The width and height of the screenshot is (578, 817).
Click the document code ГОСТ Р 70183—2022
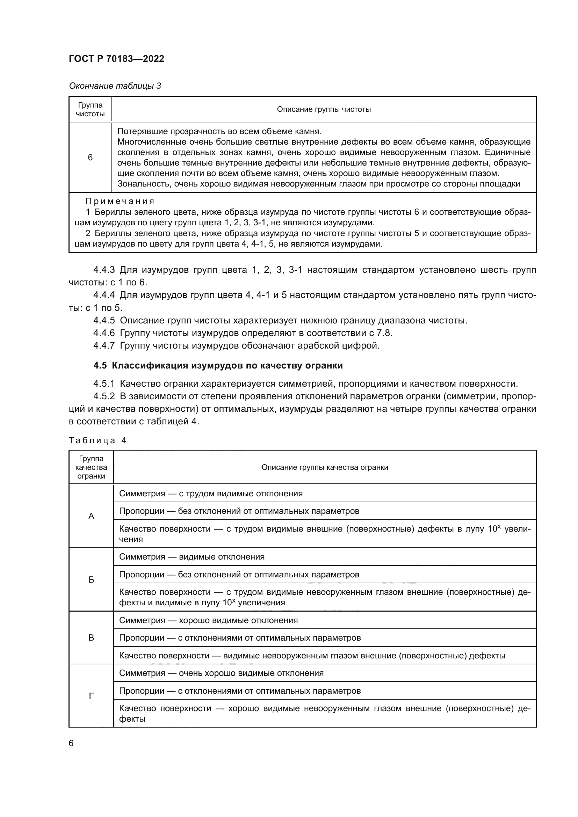[116, 59]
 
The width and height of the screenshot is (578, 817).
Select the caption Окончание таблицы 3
[115, 86]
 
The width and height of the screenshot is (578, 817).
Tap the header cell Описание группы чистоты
[324, 109]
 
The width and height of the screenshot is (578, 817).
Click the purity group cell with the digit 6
[90, 157]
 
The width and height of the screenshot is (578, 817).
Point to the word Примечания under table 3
[120, 202]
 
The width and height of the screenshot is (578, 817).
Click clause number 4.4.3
[104, 270]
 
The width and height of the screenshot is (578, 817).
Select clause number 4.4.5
[104, 320]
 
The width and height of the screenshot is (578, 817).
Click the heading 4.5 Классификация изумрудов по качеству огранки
[218, 365]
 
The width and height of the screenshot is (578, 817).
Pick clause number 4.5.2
[104, 396]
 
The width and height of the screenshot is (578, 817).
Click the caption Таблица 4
[97, 440]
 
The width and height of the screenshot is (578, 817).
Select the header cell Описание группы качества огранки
[325, 467]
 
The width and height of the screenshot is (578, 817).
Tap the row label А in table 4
[91, 516]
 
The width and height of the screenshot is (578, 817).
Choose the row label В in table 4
[91, 637]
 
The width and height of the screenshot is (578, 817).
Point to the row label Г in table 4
[91, 696]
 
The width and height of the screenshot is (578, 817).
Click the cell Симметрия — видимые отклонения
[192, 556]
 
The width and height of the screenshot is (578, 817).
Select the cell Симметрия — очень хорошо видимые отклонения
[221, 673]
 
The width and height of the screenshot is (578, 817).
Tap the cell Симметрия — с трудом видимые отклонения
[211, 494]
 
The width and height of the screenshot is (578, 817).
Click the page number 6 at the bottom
[71, 743]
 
